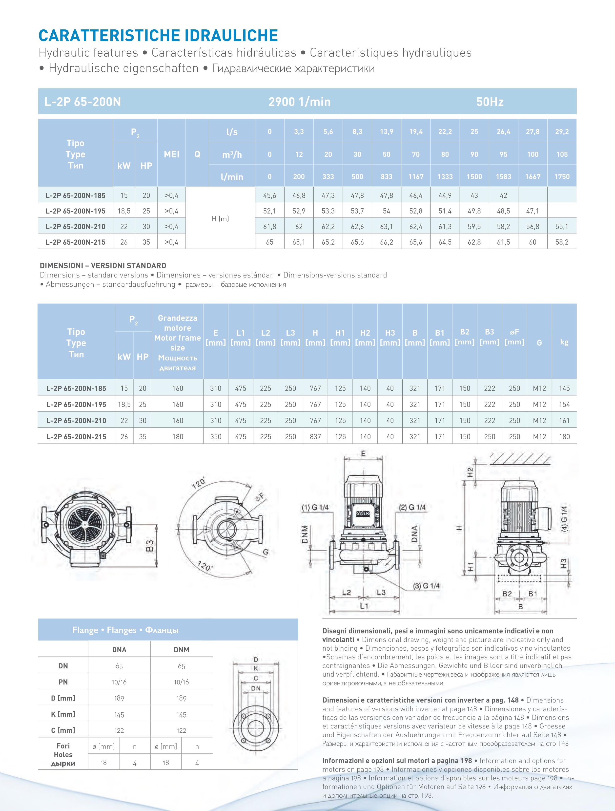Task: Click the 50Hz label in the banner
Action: [490, 102]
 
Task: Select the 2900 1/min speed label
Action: [299, 102]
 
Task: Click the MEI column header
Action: [171, 154]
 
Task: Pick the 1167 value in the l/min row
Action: [416, 177]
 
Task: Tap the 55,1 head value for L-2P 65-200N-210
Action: [561, 227]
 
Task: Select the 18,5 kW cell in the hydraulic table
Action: [124, 211]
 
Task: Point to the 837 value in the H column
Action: [315, 437]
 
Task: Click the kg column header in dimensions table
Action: [564, 342]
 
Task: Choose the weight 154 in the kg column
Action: [564, 405]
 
